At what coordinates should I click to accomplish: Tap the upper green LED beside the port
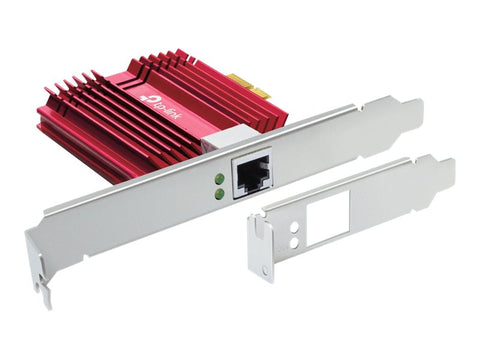click(x=218, y=179)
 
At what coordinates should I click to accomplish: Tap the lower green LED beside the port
click(x=219, y=192)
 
